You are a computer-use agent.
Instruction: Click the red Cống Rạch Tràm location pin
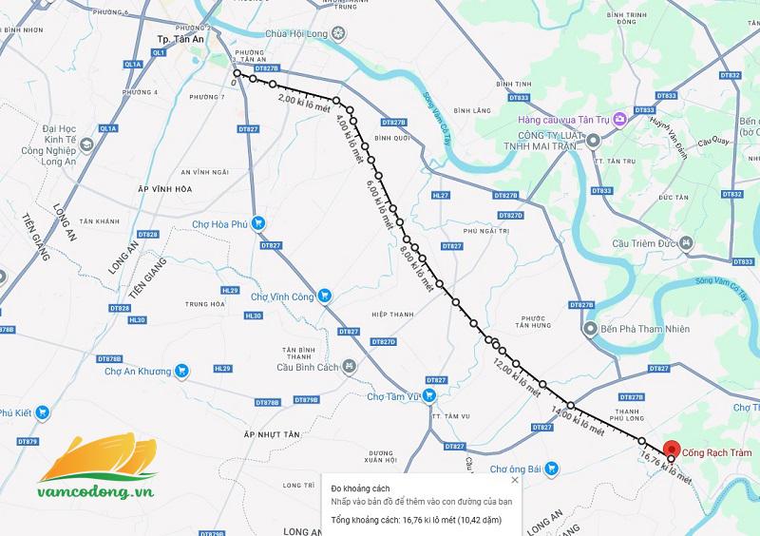click(x=672, y=448)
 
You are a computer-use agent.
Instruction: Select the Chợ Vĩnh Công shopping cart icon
click(x=323, y=296)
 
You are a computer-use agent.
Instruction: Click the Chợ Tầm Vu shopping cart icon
click(x=429, y=394)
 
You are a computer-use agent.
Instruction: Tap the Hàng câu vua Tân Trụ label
click(x=564, y=120)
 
